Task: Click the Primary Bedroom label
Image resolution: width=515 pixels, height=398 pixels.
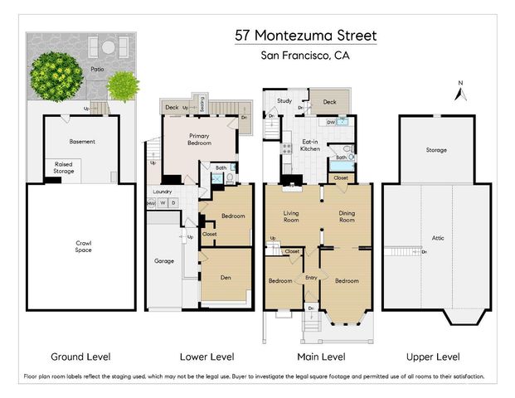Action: [x=199, y=139]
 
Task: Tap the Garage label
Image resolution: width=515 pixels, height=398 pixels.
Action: [x=163, y=261]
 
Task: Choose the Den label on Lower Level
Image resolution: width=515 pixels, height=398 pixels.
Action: [x=226, y=279]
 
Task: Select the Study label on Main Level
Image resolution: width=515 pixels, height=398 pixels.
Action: [x=284, y=102]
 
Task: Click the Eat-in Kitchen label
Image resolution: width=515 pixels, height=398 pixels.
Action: [x=309, y=146]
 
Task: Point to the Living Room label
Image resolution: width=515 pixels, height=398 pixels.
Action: [x=290, y=217]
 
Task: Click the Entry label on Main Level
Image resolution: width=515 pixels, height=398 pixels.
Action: [x=311, y=278]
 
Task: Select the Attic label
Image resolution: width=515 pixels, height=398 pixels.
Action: [x=437, y=238]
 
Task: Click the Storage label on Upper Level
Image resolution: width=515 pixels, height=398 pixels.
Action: [x=436, y=150]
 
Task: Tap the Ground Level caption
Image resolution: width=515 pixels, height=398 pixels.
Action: [x=80, y=357]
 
